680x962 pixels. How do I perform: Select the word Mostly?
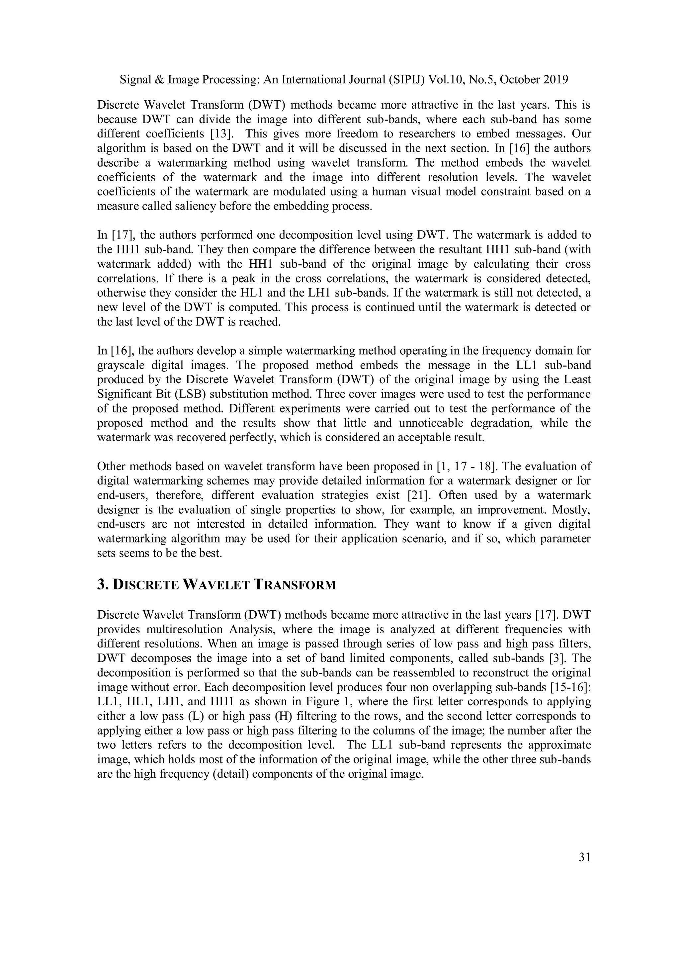(x=571, y=510)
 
